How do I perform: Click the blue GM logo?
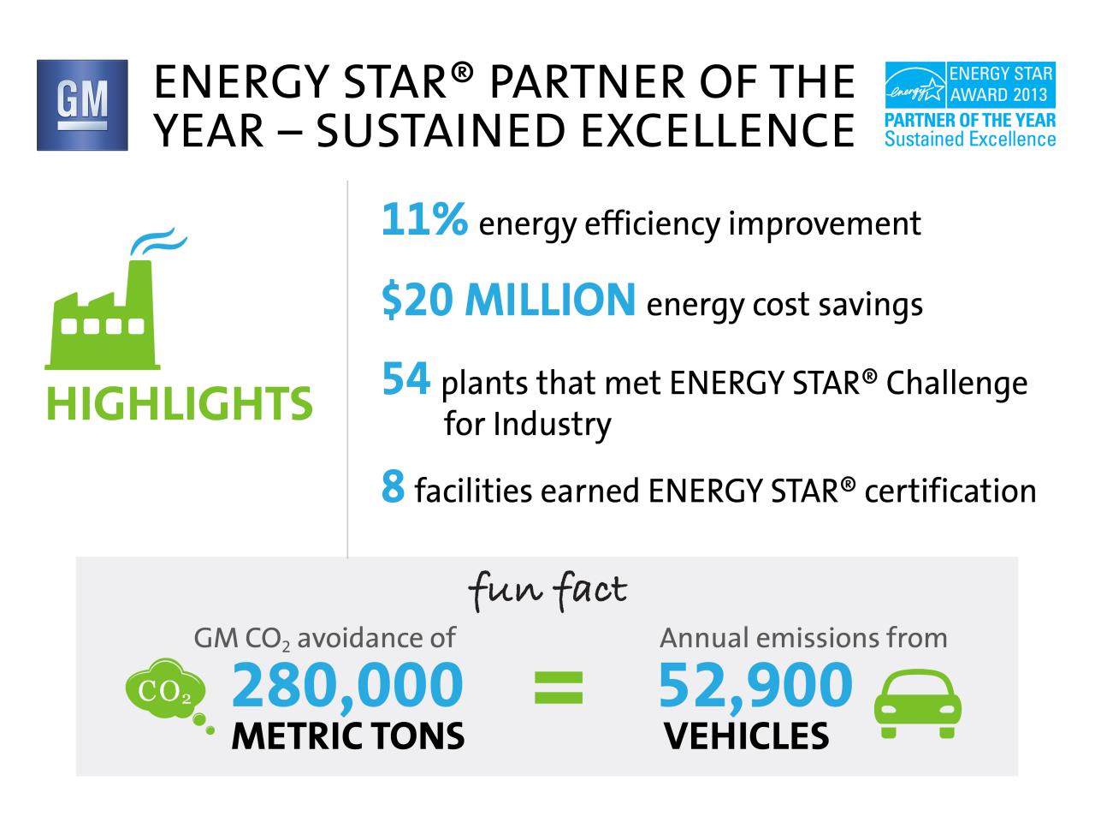pyautogui.click(x=82, y=105)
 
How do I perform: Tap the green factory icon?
pyautogui.click(x=103, y=315)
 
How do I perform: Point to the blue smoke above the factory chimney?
pyautogui.click(x=158, y=241)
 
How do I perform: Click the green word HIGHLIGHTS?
pyautogui.click(x=180, y=403)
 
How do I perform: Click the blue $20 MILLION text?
pyautogui.click(x=508, y=300)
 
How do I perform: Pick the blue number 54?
pyautogui.click(x=405, y=378)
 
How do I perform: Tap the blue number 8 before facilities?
pyautogui.click(x=394, y=485)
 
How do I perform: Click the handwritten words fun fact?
pyautogui.click(x=547, y=592)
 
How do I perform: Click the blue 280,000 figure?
pyautogui.click(x=347, y=685)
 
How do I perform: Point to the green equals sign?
pyautogui.click(x=559, y=688)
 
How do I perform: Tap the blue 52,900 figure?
pyautogui.click(x=755, y=685)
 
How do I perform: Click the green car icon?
pyautogui.click(x=917, y=703)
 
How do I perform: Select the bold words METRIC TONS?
pyautogui.click(x=348, y=736)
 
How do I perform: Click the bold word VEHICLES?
pyautogui.click(x=746, y=736)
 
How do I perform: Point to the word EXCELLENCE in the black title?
pyautogui.click(x=719, y=131)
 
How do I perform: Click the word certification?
pyautogui.click(x=950, y=491)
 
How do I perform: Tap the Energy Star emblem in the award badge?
pyautogui.click(x=914, y=85)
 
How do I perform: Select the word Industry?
pyautogui.click(x=553, y=426)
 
